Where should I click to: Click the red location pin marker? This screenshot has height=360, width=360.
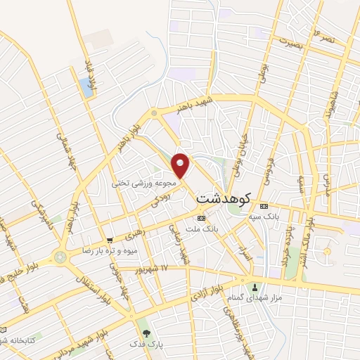click(181, 166)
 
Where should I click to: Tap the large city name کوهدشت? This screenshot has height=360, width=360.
click(224, 199)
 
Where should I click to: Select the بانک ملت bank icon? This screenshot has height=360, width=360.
click(202, 219)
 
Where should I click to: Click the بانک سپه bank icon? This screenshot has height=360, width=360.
click(264, 206)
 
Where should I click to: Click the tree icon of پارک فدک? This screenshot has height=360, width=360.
click(146, 333)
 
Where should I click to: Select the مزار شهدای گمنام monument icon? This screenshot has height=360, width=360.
click(255, 287)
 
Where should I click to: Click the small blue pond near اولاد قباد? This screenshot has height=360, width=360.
click(86, 88)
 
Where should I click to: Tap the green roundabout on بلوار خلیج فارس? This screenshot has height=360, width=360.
click(60, 257)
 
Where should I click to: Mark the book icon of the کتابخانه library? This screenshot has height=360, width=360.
click(5, 330)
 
